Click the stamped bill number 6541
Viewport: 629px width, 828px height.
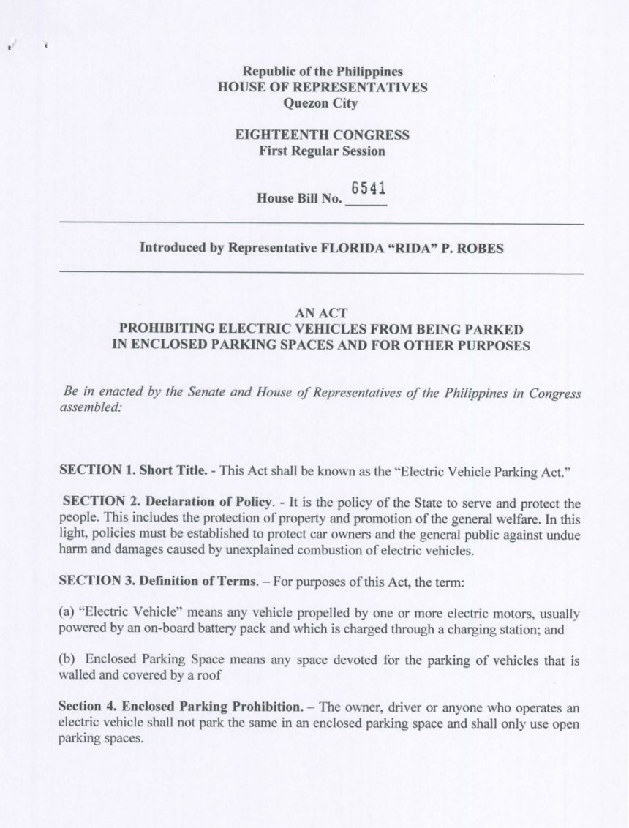[x=368, y=189]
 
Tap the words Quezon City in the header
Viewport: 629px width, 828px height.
[x=323, y=103]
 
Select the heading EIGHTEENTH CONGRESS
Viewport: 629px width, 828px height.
[x=323, y=135]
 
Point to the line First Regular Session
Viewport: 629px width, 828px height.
[x=323, y=151]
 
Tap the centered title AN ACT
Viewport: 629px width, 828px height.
[x=320, y=313]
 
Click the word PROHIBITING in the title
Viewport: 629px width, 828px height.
[x=167, y=329]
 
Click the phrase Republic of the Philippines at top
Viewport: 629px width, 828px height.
[x=323, y=72]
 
